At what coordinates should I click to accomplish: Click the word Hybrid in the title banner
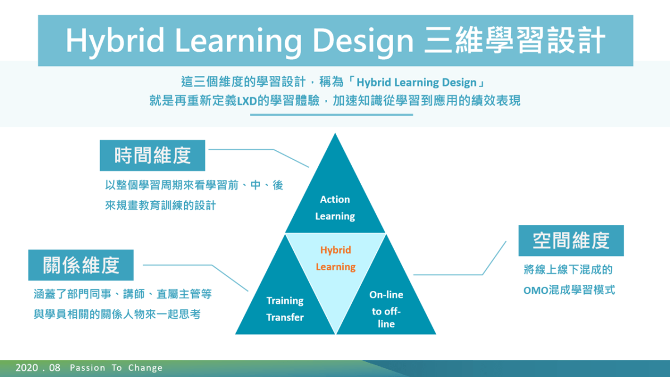pos(115,41)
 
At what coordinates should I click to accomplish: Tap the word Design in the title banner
pos(363,41)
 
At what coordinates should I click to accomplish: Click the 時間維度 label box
pos(152,156)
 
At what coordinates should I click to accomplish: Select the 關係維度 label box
pos(81,265)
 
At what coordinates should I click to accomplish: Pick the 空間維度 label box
pos(571,241)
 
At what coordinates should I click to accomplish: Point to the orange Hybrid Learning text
pos(336,258)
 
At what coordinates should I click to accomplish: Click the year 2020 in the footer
pos(27,368)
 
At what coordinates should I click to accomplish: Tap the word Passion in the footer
pos(87,368)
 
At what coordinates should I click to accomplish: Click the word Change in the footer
pos(145,368)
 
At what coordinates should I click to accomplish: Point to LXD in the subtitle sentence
pos(247,101)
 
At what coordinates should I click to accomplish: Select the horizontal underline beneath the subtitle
pos(332,114)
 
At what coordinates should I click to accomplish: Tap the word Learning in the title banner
pos(238,41)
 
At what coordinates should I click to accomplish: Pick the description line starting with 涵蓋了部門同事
pos(123,294)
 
